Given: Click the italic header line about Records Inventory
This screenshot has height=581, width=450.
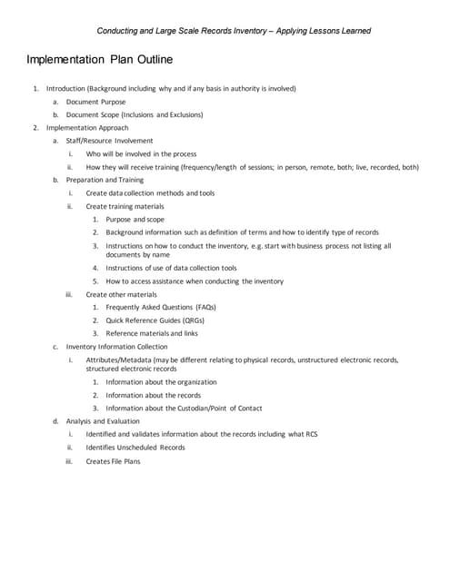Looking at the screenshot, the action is [233, 31].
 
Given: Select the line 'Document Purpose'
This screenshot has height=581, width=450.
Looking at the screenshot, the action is [96, 102].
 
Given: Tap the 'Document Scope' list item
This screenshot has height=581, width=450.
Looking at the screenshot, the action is [135, 115].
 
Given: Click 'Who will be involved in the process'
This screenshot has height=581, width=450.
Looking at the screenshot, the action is [141, 154].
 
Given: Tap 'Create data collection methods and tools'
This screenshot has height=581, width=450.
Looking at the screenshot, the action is [150, 193].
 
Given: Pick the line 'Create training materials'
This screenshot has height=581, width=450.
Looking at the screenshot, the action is [125, 206].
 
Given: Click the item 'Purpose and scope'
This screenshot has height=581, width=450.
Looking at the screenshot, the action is [135, 220].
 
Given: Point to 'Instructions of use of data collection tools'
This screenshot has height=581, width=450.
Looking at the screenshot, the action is [171, 268].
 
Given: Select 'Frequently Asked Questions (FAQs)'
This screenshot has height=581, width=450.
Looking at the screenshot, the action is [161, 307].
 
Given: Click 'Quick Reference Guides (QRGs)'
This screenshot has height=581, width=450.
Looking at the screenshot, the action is [155, 320].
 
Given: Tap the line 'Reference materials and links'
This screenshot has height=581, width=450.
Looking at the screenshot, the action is [152, 333].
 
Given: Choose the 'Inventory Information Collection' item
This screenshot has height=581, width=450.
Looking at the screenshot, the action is [116, 347].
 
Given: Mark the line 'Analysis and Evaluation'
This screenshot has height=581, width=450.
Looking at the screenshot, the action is [103, 421].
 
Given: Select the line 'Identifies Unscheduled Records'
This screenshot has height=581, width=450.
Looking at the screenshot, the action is [135, 448].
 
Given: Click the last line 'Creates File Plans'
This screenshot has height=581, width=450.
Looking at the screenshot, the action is [114, 461].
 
